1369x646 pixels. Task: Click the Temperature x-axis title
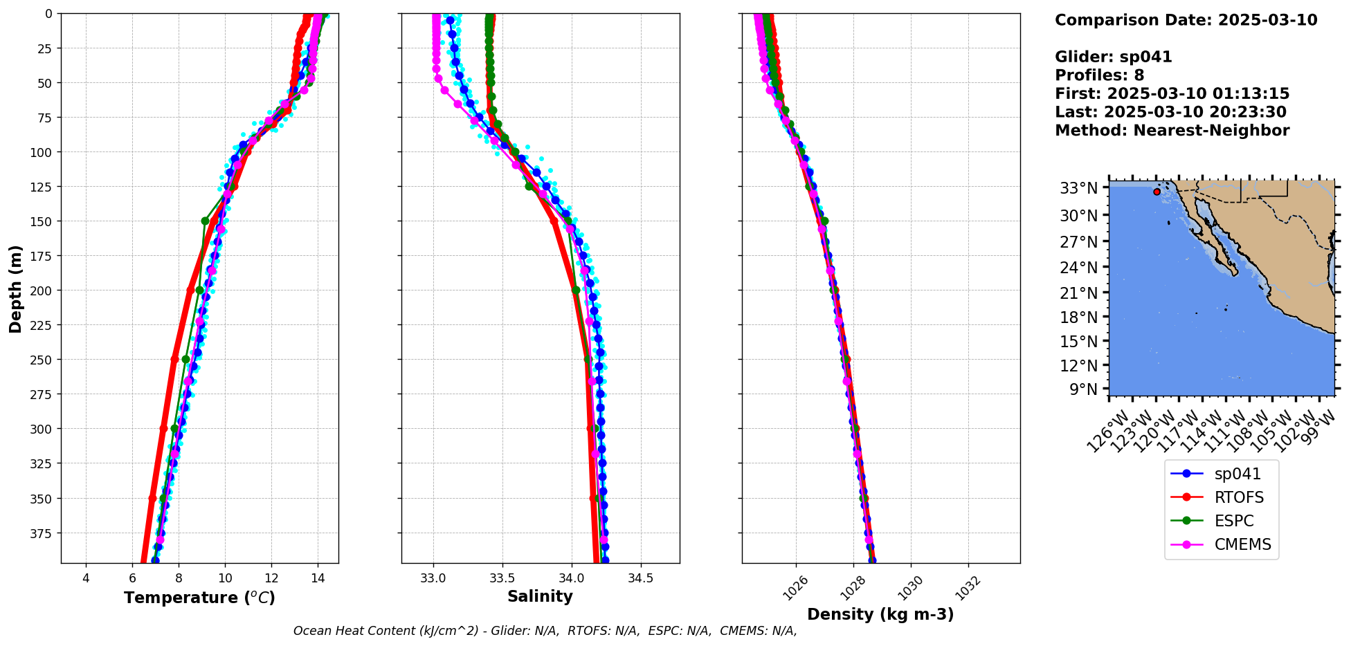[199, 598]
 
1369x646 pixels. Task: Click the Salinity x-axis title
[540, 596]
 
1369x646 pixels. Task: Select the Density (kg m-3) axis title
[880, 614]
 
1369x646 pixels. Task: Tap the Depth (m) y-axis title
[15, 288]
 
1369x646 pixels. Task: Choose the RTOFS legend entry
[1239, 497]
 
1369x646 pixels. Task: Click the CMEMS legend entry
[1242, 544]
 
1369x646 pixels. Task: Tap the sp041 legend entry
[1237, 474]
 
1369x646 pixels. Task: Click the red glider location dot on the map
[1157, 192]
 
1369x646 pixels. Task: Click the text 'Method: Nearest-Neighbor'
[1172, 131]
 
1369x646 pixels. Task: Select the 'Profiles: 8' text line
[1099, 75]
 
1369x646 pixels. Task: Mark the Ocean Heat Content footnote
[545, 631]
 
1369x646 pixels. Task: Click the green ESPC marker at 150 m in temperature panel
[205, 221]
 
